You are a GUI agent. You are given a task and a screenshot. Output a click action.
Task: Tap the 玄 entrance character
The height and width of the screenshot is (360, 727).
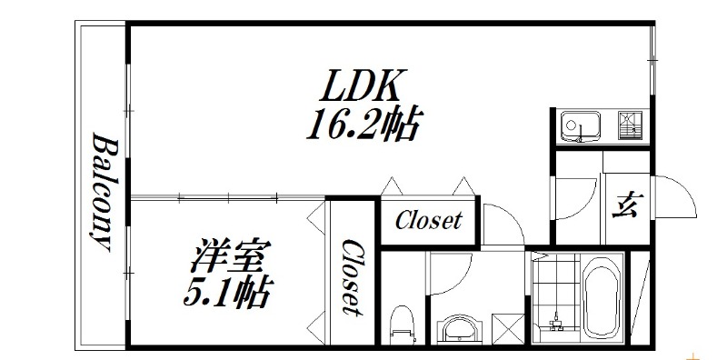[x=625, y=205]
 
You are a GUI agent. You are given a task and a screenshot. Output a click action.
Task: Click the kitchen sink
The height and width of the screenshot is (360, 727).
[x=578, y=125]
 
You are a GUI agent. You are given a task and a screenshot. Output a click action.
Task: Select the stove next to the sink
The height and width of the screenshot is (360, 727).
[x=629, y=125]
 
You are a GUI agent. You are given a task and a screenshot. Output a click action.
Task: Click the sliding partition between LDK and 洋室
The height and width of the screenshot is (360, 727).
[x=227, y=195]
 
